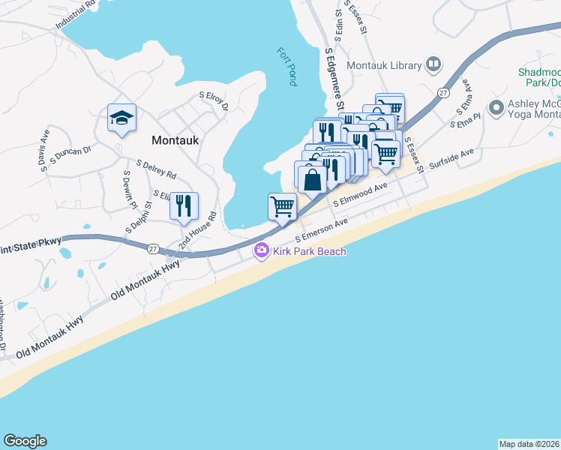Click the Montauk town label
pyautogui.click(x=174, y=139)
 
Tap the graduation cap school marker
pyautogui.click(x=121, y=118)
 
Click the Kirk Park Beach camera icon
pyautogui.click(x=262, y=251)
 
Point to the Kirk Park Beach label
pyautogui.click(x=309, y=251)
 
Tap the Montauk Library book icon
pyautogui.click(x=433, y=65)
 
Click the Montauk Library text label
pyautogui.click(x=385, y=66)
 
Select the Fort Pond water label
pyautogui.click(x=287, y=66)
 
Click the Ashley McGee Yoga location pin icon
pyautogui.click(x=496, y=108)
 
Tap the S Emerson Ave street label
pyautogui.click(x=322, y=230)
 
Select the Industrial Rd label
pyautogui.click(x=76, y=15)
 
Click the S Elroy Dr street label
pyautogui.click(x=213, y=100)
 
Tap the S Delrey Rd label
pyautogui.click(x=156, y=169)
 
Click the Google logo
pyautogui.click(x=25, y=441)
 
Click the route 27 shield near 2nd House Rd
pyautogui.click(x=153, y=249)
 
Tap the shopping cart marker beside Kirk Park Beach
pyautogui.click(x=282, y=206)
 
